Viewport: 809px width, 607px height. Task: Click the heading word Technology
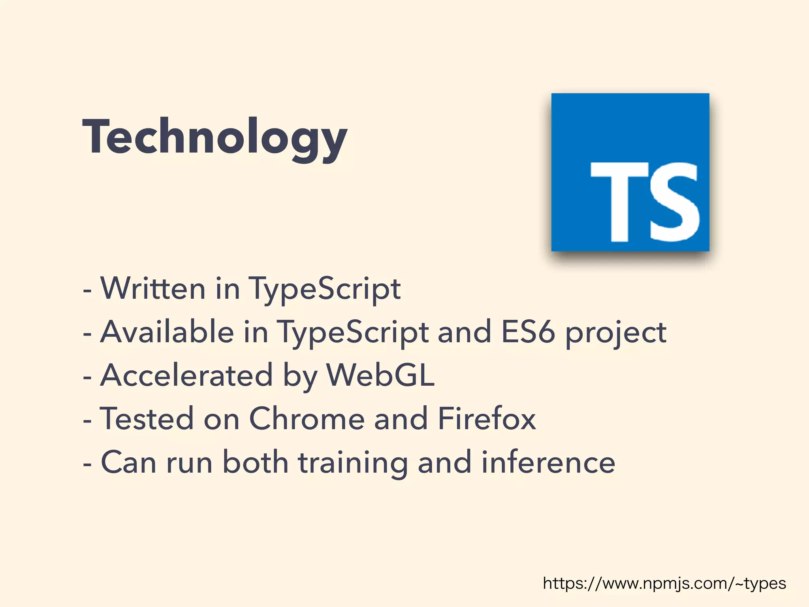pyautogui.click(x=214, y=137)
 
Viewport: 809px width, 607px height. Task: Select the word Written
pyautogui.click(x=153, y=288)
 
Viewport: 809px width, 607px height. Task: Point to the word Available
pyautogui.click(x=167, y=332)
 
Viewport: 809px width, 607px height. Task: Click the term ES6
pyautogui.click(x=528, y=332)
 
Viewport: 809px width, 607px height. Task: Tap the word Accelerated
pyautogui.click(x=186, y=375)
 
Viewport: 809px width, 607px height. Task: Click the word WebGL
pyautogui.click(x=380, y=375)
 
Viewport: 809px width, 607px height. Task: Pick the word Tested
pyautogui.click(x=147, y=418)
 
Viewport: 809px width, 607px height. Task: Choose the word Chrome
pyautogui.click(x=307, y=418)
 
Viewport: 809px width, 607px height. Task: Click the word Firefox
pyautogui.click(x=487, y=418)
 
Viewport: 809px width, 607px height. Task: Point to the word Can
pyautogui.click(x=129, y=462)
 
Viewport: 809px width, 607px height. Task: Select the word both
pyautogui.click(x=255, y=462)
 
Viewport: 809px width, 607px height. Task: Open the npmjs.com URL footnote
pyautogui.click(x=664, y=584)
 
